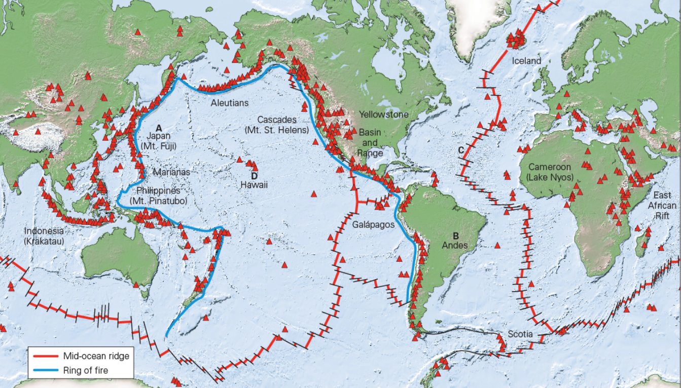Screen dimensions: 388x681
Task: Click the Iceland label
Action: coord(526,61)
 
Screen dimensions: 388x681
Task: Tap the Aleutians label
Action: coord(230,103)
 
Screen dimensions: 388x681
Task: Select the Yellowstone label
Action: coord(383,114)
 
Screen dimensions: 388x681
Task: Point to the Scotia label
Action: coord(520,334)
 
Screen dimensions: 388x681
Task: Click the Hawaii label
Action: coord(254,185)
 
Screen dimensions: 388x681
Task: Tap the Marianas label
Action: coord(171,172)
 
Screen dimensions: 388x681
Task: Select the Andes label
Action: coord(455,245)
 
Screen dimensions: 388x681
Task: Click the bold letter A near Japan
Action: coord(159,128)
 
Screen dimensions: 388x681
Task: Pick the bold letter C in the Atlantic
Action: coord(460,150)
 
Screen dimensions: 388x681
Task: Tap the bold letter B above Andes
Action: coord(456,236)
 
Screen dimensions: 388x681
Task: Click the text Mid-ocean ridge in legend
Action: coord(96,356)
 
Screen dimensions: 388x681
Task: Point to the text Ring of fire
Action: coord(85,370)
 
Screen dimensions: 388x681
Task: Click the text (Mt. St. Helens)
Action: coord(276,130)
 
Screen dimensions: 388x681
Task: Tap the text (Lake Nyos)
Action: coord(550,177)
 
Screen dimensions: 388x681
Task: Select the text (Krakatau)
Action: coord(44,241)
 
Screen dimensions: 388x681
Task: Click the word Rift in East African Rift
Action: coord(662,215)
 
